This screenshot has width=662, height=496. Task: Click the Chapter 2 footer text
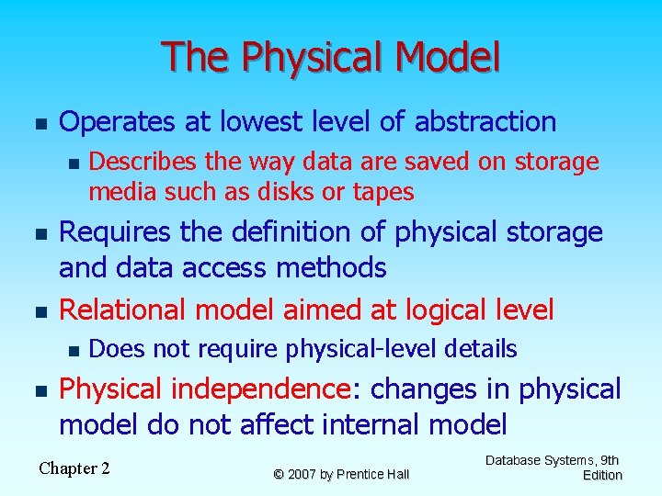tap(74, 468)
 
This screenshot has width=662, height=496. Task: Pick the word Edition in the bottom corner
tap(602, 475)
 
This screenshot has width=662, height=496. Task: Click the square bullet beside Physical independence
tap(37, 390)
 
